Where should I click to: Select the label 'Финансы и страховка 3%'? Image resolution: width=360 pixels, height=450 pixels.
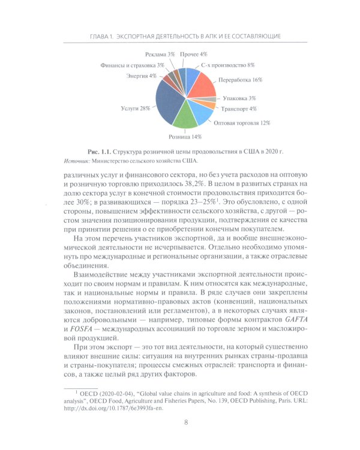[132, 64]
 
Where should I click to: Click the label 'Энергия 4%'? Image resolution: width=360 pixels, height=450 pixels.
[142, 76]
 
